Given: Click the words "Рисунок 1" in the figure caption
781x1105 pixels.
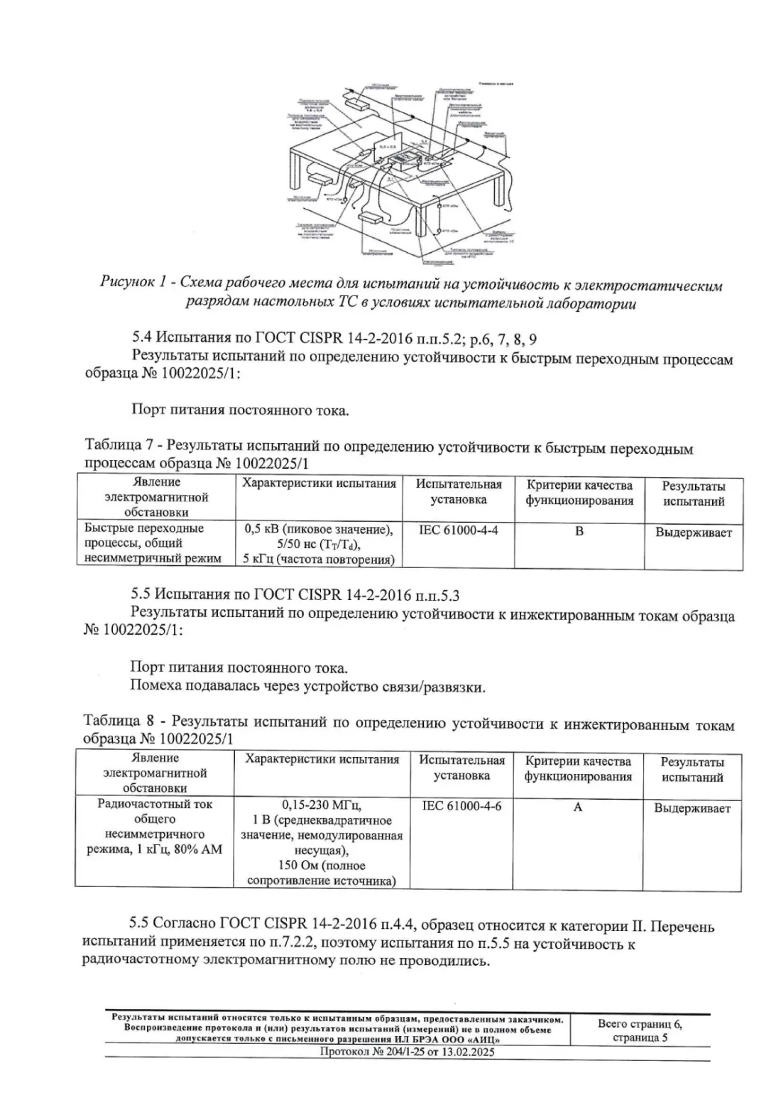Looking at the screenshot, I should [133, 284].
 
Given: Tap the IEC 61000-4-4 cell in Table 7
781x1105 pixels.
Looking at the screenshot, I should [459, 530].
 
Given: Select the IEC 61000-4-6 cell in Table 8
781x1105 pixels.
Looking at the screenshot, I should [461, 806].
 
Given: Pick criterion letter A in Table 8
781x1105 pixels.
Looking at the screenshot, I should [578, 807].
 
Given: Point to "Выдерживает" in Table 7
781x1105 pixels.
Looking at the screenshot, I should [693, 533].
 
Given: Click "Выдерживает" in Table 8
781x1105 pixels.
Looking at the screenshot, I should [692, 808].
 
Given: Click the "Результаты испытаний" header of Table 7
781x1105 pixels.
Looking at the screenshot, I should [693, 494].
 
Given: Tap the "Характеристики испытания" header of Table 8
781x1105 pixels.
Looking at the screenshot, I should [322, 760].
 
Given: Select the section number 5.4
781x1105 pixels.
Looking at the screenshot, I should [142, 336].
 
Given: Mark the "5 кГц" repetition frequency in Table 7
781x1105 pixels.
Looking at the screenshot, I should [257, 560].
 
